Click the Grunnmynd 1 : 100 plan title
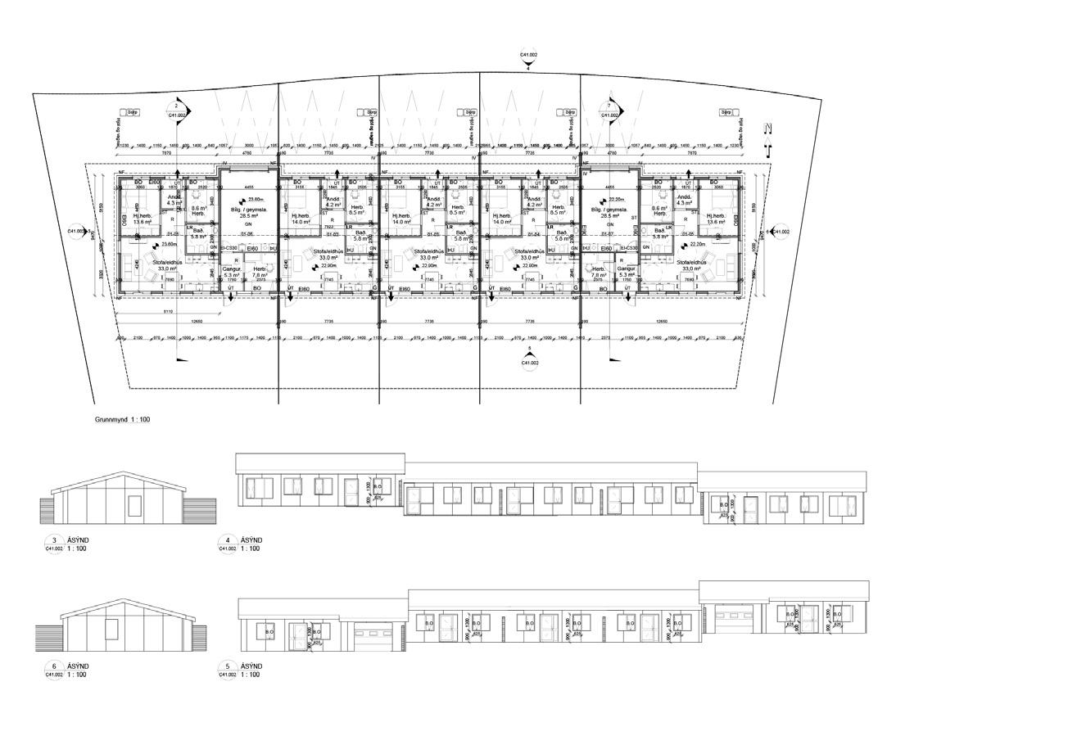click(x=122, y=419)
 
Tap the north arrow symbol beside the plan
click(x=767, y=139)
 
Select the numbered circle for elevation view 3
click(x=54, y=540)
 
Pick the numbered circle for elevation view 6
click(x=54, y=666)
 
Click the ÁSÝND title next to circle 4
click(x=251, y=540)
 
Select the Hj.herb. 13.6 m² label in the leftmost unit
click(x=143, y=219)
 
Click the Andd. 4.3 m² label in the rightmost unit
click(x=684, y=200)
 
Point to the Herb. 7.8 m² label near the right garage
click(x=599, y=272)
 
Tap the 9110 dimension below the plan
click(x=168, y=312)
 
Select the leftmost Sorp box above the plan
click(x=129, y=112)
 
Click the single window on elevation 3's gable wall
click(x=134, y=505)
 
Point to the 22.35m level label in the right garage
click(x=617, y=199)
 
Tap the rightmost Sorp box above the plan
click(x=726, y=112)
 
